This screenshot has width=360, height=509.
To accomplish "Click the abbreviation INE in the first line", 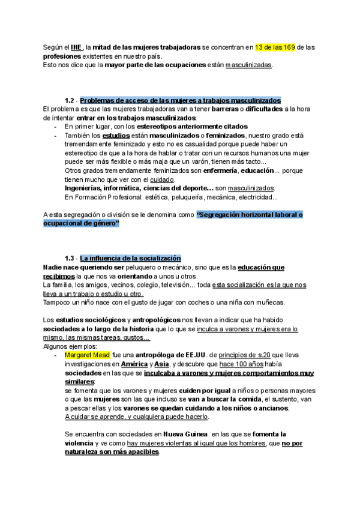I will [x=77, y=47].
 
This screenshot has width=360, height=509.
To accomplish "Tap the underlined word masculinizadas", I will [x=248, y=65].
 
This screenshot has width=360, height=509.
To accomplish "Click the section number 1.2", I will [x=70, y=100].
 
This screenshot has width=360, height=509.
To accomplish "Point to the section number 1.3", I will [x=70, y=258].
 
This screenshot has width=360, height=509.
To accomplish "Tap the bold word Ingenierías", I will [x=86, y=188].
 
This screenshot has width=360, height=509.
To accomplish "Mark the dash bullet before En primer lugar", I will [x=56, y=127].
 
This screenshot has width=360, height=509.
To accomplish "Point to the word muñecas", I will [x=268, y=302].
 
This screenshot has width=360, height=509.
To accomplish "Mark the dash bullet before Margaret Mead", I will [x=56, y=355].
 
